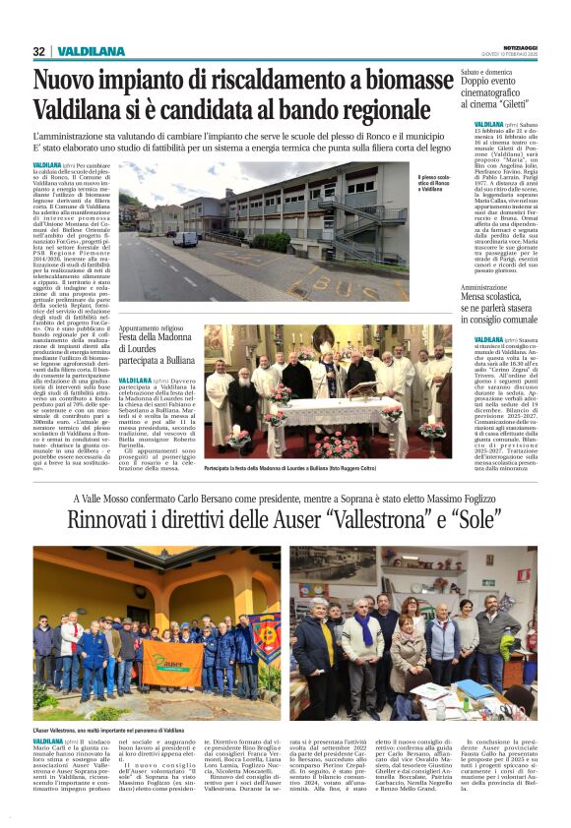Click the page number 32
pyautogui.click(x=39, y=51)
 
